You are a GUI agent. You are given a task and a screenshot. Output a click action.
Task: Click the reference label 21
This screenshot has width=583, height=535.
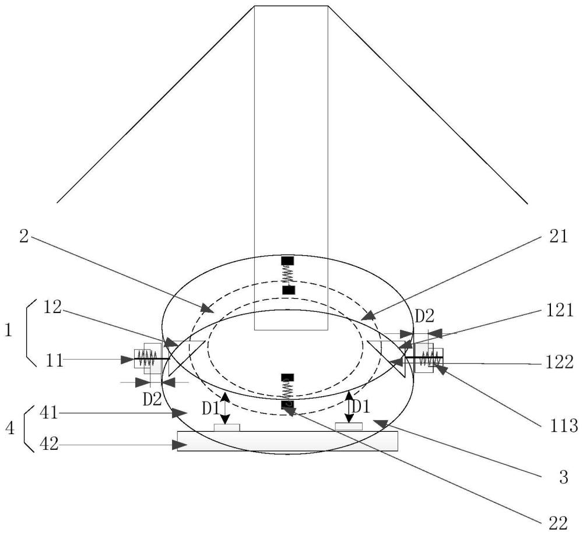coord(559,237)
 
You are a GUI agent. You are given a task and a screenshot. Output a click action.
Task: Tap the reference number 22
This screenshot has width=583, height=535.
coord(558,523)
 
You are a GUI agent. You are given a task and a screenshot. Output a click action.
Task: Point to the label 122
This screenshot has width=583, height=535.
coord(559,362)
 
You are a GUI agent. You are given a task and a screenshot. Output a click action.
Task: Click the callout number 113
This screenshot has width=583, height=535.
coord(564,426)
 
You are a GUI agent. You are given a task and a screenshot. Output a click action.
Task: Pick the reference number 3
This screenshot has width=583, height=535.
coord(564,477)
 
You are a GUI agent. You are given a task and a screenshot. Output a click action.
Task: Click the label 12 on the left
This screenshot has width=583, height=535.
coord(52,307)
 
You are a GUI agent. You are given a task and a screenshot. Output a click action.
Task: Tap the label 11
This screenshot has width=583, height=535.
coord(55,360)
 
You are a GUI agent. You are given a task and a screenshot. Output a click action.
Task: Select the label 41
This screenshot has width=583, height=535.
coord(49,413)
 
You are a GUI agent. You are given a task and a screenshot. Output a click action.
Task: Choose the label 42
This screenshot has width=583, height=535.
coord(49,444)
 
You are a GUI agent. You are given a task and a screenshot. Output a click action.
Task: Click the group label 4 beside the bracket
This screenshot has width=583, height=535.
coord(10,429)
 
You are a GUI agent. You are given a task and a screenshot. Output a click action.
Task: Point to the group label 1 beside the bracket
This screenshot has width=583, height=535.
coord(8,330)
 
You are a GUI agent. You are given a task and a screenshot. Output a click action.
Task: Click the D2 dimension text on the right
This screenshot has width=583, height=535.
coord(424,316)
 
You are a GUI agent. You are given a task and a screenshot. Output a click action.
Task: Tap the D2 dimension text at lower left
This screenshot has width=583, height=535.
coord(152,399)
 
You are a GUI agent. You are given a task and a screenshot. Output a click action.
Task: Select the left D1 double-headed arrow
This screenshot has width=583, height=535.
coord(224,408)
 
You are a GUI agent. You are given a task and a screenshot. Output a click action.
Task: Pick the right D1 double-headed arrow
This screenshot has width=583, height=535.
coord(349,407)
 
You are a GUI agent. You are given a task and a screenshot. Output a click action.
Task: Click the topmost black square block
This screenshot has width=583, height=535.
coord(287,261)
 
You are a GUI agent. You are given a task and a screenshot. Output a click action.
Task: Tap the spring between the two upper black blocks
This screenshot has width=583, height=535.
coord(288,275)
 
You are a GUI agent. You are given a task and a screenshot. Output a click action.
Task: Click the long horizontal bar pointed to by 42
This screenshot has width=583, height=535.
coord(287,441)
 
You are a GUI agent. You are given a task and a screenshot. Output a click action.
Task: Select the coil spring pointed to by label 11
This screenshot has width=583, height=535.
coord(147,359)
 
